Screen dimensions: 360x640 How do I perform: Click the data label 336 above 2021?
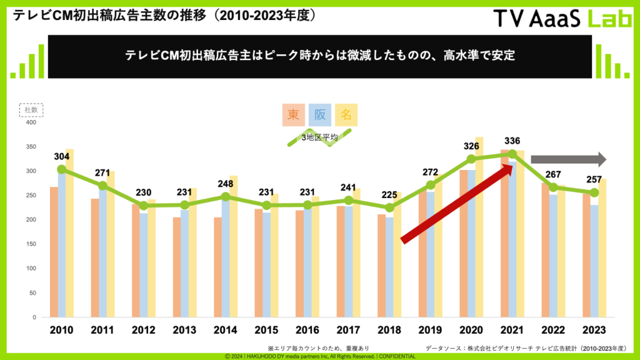tap(512, 141)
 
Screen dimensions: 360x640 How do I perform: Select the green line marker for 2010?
tap(61, 169)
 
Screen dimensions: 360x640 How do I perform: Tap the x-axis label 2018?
tap(389, 329)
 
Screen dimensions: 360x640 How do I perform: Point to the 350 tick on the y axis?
tap(29, 147)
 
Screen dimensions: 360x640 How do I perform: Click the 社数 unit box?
tap(29, 110)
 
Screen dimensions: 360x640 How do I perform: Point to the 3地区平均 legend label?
tap(319, 137)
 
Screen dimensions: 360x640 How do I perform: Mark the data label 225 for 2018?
tap(389, 193)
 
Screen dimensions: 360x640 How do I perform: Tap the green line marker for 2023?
tap(594, 192)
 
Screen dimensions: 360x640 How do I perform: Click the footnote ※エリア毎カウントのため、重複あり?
tap(318, 347)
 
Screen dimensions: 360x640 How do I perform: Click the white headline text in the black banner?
tap(319, 56)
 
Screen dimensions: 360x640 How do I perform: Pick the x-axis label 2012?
tap(144, 329)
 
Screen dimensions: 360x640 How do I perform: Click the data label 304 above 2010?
tap(61, 156)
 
